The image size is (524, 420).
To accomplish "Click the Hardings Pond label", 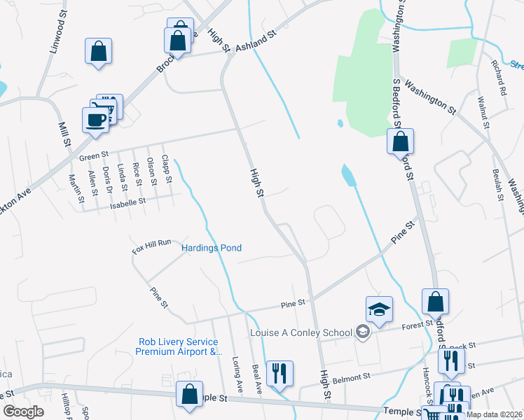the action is point(212,248).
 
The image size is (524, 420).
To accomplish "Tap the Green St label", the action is point(95,155).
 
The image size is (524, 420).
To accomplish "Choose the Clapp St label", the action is point(167,169).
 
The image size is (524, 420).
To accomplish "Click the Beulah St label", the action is point(497,185).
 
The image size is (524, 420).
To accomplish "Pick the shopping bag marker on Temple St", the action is point(189,393).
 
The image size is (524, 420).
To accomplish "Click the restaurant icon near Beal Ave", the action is point(280,373).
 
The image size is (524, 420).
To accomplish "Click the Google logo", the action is point(23,412).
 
